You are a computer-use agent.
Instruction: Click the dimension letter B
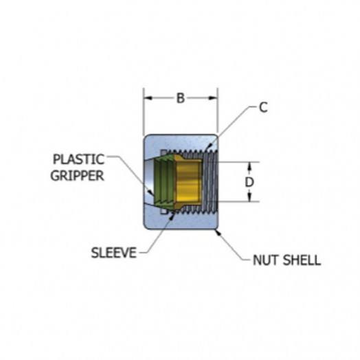[x=181, y=98]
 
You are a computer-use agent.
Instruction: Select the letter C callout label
[x=263, y=107]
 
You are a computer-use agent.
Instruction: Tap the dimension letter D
[x=249, y=182]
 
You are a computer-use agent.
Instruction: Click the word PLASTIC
[x=79, y=159]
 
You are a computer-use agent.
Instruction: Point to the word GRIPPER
[x=78, y=176]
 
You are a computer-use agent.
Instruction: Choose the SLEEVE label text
[x=114, y=253]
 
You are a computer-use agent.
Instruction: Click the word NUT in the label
[x=265, y=260]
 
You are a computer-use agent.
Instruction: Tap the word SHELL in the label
[x=302, y=260]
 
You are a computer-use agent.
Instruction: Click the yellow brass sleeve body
[x=188, y=182]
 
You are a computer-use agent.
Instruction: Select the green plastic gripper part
[x=164, y=181]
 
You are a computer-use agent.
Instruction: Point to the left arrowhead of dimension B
[x=148, y=98]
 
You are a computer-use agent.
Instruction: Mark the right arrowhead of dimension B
[x=212, y=98]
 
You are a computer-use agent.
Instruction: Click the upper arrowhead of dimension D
[x=249, y=167]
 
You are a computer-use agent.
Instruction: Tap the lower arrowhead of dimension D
[x=249, y=197]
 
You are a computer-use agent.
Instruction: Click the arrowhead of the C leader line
[x=208, y=147]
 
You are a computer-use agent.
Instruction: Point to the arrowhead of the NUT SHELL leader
[x=217, y=232]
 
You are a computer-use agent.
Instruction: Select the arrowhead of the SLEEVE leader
[x=172, y=215]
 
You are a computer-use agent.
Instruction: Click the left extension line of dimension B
[x=144, y=111]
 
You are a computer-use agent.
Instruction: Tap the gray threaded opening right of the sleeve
[x=210, y=181]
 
